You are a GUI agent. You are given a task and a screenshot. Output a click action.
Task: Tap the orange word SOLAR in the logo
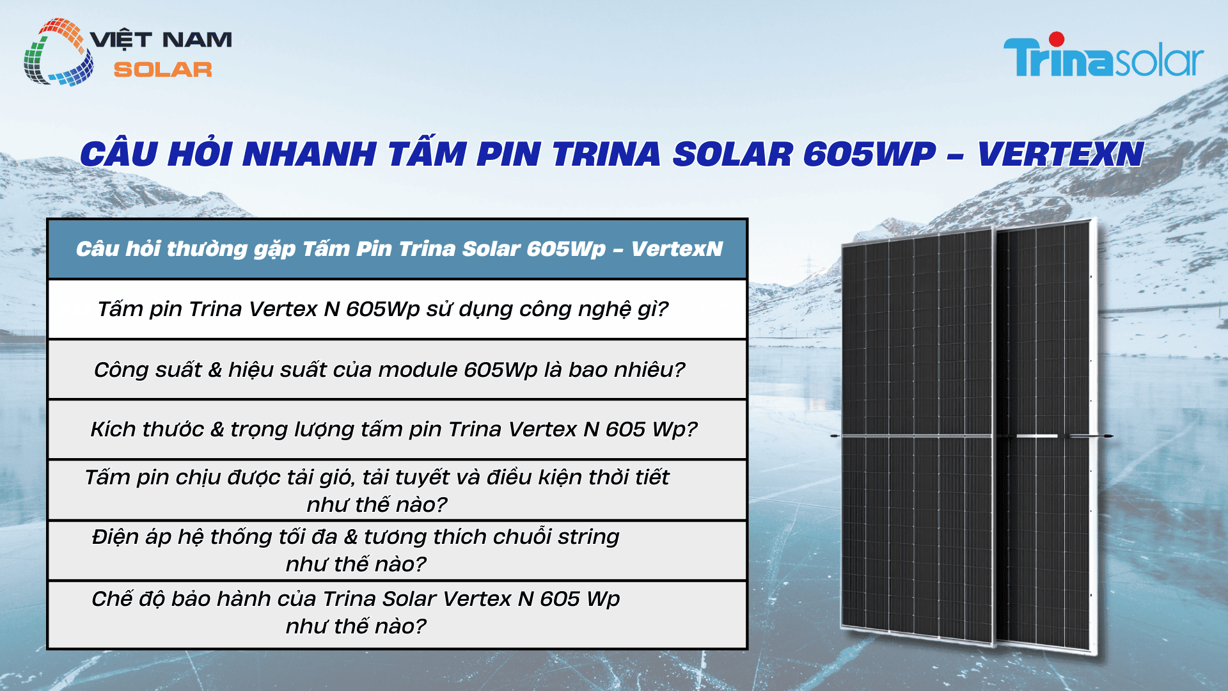[x=162, y=70]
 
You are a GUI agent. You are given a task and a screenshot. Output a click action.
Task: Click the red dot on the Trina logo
[x=1057, y=40]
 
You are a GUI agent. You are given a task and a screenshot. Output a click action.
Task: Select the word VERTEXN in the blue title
[x=1060, y=154]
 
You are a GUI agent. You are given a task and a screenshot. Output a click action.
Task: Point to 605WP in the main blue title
[x=869, y=154]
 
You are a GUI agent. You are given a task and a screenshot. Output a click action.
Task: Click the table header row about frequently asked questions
[x=398, y=249]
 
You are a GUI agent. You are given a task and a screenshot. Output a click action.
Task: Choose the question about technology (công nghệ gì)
[x=382, y=309]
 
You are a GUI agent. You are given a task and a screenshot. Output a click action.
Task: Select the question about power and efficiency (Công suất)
[x=389, y=370]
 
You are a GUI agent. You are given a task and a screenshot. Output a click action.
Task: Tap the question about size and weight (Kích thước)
[x=393, y=429]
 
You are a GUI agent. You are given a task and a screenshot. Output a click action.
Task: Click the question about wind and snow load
[x=377, y=490]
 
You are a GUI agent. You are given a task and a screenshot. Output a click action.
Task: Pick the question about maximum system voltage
[x=356, y=550]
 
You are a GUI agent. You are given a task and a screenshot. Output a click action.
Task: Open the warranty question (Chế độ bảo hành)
[x=356, y=612]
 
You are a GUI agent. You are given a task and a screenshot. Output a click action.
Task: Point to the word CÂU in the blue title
[x=119, y=154]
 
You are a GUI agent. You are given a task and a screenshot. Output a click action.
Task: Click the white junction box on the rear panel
[x=1037, y=436]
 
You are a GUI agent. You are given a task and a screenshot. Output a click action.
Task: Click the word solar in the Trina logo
[x=1159, y=61]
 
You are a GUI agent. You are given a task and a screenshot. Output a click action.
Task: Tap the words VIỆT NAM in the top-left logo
[x=161, y=40]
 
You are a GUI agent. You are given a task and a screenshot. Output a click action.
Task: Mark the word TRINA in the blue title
[x=606, y=154]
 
